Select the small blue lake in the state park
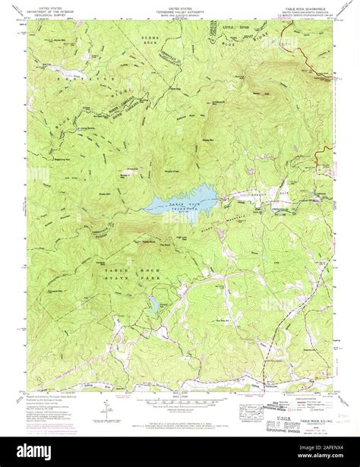pos(154,304)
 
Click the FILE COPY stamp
pos(286,418)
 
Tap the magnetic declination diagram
pos(103,409)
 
